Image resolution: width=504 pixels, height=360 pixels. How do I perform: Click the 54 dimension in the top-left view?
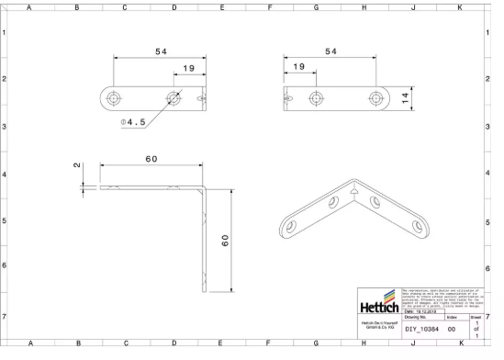click(x=161, y=52)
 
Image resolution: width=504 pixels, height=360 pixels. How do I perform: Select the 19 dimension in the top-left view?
click(x=188, y=68)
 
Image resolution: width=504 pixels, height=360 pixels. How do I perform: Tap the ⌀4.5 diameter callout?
click(x=134, y=121)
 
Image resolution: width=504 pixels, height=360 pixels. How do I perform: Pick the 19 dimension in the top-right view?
click(x=298, y=68)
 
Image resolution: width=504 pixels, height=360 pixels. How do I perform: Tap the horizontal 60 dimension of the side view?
click(x=151, y=159)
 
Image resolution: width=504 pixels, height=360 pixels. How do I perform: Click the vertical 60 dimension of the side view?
click(x=224, y=240)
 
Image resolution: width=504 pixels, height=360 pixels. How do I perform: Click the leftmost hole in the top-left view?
click(x=113, y=96)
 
